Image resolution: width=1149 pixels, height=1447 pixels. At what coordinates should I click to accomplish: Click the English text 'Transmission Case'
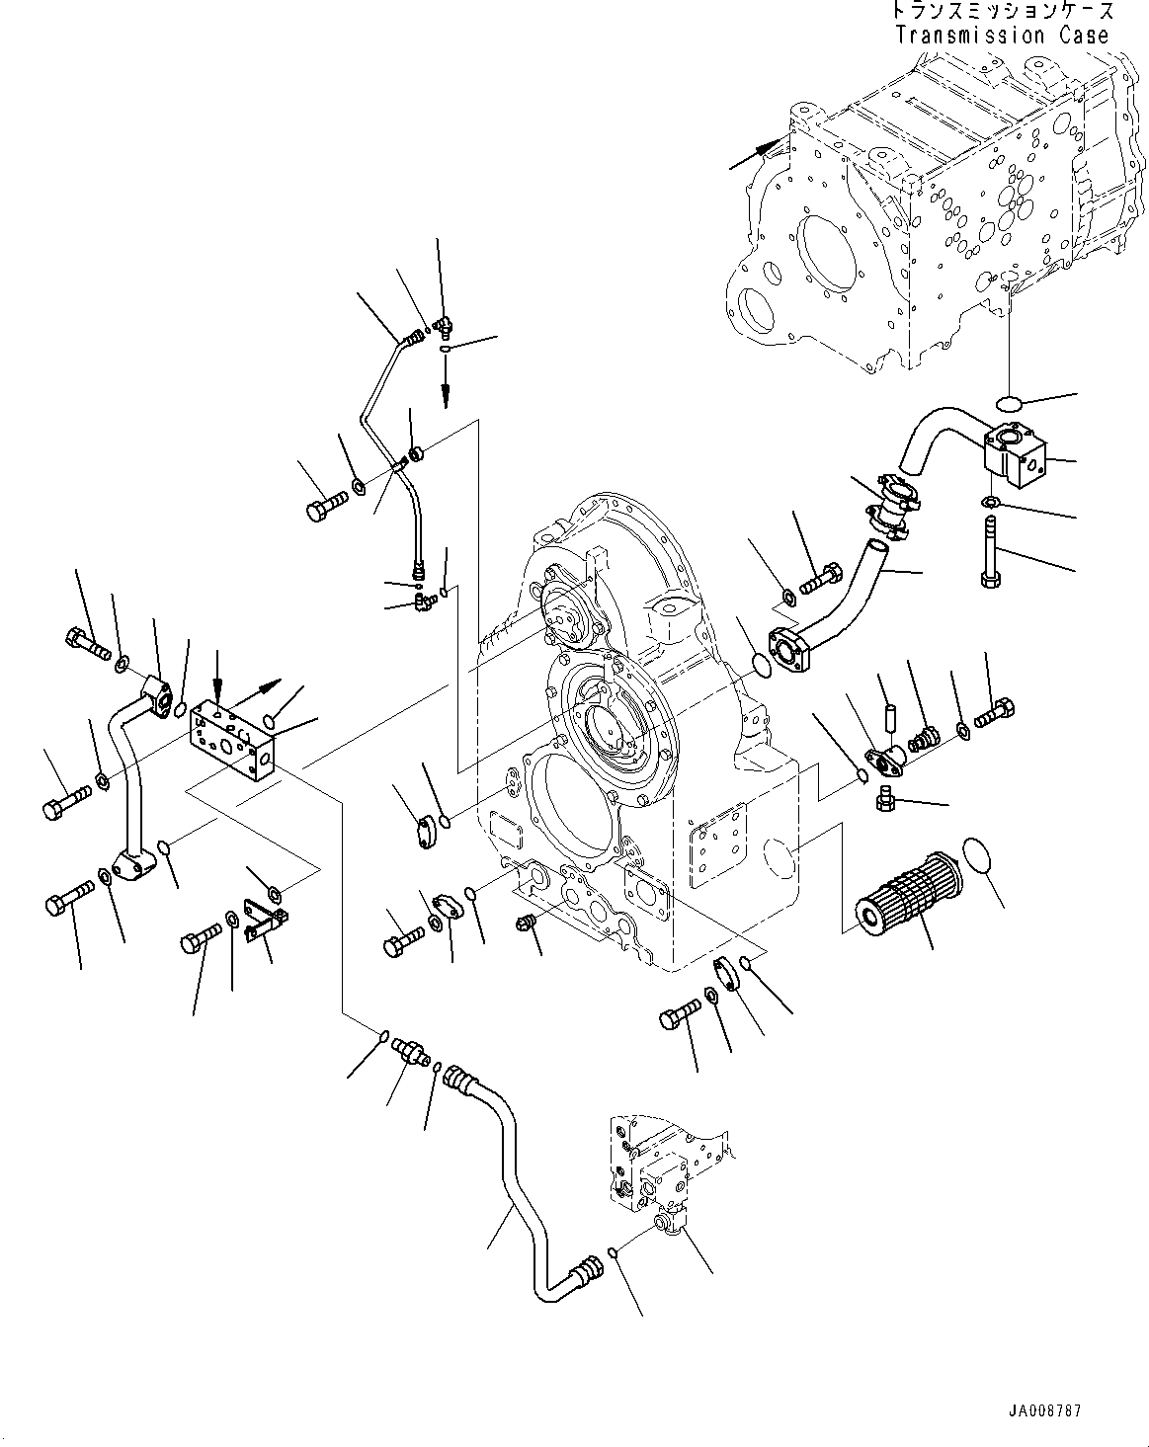point(1002,36)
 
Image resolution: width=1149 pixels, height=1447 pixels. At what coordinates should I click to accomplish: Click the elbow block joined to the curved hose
point(1013,454)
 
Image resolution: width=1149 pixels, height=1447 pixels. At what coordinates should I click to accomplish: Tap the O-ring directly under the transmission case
point(1009,403)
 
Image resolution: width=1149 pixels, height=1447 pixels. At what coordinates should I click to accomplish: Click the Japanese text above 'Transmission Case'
point(1002,12)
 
